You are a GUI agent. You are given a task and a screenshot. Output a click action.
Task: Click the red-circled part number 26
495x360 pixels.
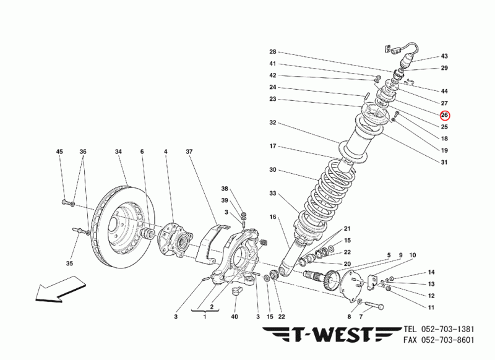pos(444,115)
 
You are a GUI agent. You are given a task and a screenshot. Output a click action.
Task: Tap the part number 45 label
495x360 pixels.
pos(60,152)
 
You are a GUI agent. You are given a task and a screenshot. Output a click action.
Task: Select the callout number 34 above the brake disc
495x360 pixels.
pos(118,152)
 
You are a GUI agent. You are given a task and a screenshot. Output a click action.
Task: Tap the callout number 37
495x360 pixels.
pos(189,152)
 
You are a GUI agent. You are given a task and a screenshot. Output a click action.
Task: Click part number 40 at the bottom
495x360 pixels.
pos(235,317)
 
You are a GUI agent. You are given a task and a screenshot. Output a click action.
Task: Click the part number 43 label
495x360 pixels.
pos(444,56)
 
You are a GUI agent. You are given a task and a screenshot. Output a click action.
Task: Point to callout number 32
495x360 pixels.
pos(272,123)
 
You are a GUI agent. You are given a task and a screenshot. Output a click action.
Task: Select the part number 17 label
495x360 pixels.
pos(272,147)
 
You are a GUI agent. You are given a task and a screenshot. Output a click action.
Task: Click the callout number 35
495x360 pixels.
pos(69,263)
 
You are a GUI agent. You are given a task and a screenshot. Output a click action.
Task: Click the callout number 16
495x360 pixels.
pos(272,218)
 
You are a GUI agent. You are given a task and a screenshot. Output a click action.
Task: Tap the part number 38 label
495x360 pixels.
pos(225,188)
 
